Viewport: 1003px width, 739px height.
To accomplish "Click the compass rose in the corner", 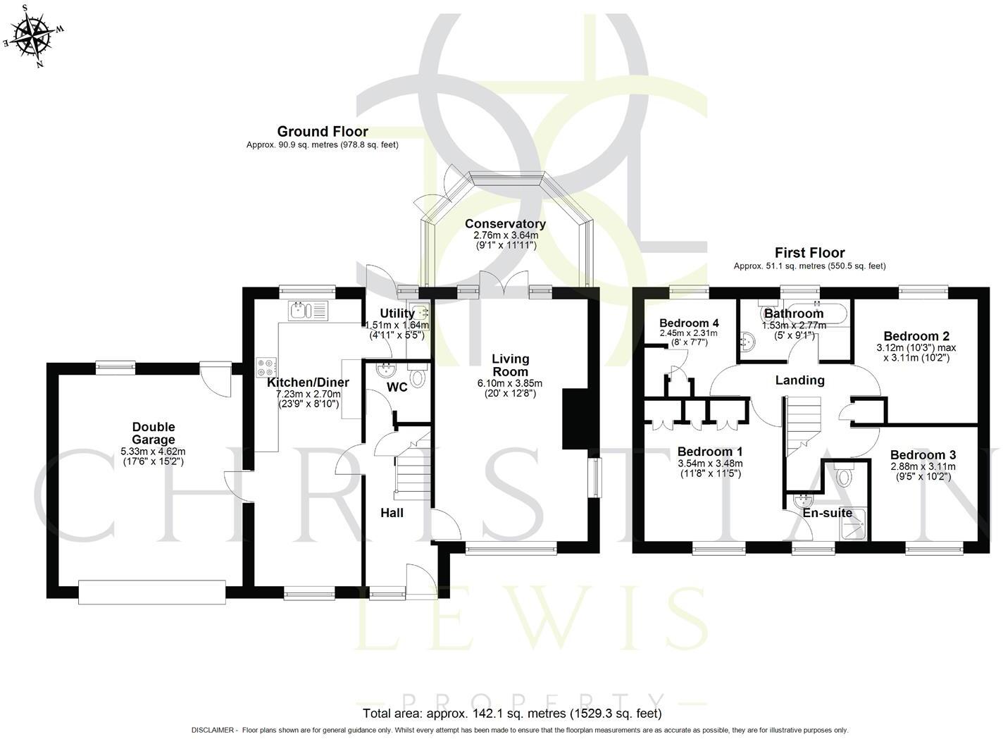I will (x=34, y=35).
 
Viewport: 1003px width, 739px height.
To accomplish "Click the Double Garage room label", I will (x=153, y=433).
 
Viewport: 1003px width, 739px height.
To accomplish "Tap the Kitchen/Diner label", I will (x=308, y=383).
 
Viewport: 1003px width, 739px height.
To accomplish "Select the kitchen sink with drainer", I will (x=309, y=310).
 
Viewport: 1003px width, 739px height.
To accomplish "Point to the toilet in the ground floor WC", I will (x=418, y=378).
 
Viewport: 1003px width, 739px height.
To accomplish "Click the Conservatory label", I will (x=505, y=224).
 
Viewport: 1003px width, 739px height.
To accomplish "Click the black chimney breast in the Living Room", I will (x=572, y=419).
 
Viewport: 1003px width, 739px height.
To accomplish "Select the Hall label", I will (x=392, y=513).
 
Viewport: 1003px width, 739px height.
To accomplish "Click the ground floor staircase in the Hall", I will (x=412, y=472).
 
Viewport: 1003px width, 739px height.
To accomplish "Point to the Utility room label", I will (x=397, y=313).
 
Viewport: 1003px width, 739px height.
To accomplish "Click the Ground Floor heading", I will (x=323, y=131).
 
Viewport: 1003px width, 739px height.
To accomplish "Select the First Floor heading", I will (x=809, y=252).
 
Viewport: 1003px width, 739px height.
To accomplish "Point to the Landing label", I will (x=799, y=380).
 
